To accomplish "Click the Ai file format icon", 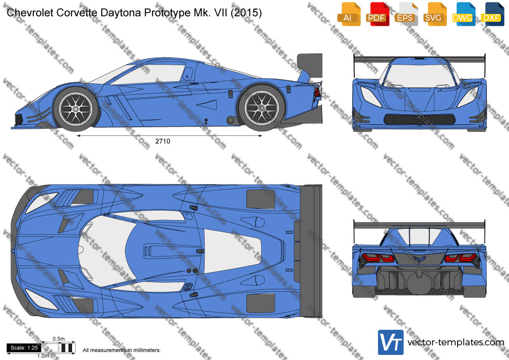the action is click(349, 14).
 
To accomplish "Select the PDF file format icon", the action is click(377, 14).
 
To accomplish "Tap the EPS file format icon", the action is click(406, 14).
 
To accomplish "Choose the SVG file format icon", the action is click(434, 14).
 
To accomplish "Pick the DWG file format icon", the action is click(463, 14).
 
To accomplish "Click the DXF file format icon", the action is click(492, 14).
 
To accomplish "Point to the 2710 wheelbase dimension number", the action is click(163, 141).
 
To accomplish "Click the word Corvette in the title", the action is click(77, 13).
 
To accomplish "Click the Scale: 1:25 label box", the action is click(24, 348).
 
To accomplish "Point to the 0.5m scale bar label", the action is click(58, 339).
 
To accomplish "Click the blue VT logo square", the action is click(391, 342).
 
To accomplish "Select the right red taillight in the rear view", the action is click(461, 258).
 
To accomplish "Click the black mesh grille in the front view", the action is click(419, 119).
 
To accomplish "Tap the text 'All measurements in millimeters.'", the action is click(121, 350).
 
